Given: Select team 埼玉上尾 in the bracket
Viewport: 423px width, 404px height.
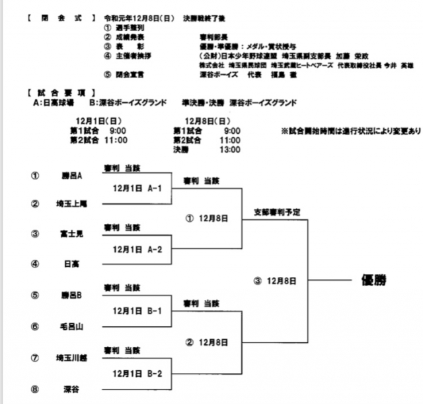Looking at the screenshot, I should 71,204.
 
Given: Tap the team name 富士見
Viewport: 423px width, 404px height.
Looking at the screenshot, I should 71,234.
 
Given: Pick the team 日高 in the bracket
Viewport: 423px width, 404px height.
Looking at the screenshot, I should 71,264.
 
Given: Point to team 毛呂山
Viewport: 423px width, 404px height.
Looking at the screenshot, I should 71,326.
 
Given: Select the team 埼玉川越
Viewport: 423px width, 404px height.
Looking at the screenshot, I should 71,358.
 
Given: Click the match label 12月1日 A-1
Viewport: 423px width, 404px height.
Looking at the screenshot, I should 137,188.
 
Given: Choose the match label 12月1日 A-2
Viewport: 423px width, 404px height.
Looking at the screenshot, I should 137,249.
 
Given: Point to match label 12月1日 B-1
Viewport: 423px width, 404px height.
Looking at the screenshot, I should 137,311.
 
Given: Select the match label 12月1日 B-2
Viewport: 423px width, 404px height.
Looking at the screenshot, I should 137,374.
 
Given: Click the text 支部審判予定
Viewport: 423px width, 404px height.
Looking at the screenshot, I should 277,213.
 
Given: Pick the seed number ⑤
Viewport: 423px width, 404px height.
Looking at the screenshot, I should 34,295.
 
